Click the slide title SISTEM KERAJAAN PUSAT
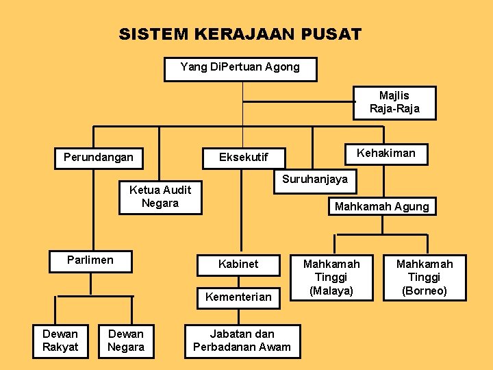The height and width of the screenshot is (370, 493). pyautogui.click(x=240, y=34)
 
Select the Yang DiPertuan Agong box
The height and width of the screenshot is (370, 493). pyautogui.click(x=240, y=68)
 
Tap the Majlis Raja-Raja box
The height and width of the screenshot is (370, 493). pyautogui.click(x=394, y=102)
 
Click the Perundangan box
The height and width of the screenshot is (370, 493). pyautogui.click(x=98, y=157)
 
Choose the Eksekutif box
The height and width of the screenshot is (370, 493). pyautogui.click(x=243, y=158)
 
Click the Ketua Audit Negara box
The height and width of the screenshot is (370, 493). pyautogui.click(x=160, y=197)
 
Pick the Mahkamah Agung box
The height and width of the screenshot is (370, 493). pyautogui.click(x=381, y=206)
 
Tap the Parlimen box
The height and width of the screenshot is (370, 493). pyautogui.click(x=90, y=261)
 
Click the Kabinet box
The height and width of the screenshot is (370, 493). pyautogui.click(x=238, y=264)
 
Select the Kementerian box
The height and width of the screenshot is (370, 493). pyautogui.click(x=238, y=297)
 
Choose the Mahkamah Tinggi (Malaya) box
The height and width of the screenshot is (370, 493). pyautogui.click(x=331, y=277)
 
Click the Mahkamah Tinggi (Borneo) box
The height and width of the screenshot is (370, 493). pyautogui.click(x=425, y=277)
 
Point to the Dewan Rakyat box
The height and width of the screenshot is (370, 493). pyautogui.click(x=60, y=341)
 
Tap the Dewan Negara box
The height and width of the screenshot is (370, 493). pyautogui.click(x=126, y=341)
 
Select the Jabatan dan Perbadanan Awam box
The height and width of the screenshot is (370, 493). pyautogui.click(x=242, y=341)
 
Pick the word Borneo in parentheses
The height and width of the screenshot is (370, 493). pyautogui.click(x=425, y=291)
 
